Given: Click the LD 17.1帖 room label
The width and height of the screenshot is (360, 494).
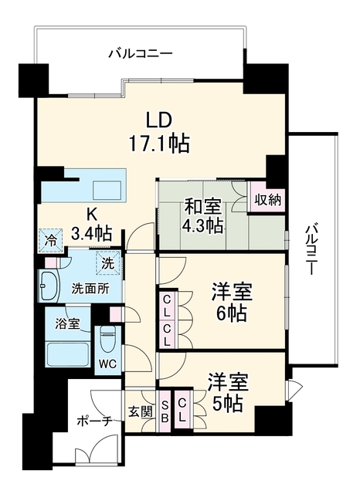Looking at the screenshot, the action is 159,132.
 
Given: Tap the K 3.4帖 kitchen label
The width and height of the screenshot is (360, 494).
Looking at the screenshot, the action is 92,225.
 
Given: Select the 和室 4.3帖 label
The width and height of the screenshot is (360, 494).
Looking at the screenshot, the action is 204,216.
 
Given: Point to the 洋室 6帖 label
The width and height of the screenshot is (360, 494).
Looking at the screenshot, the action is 232,302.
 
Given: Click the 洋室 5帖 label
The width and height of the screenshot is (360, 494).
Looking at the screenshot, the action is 228,393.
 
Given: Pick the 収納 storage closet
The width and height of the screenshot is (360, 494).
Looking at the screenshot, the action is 267,199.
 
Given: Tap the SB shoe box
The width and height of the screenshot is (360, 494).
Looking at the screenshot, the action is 165,410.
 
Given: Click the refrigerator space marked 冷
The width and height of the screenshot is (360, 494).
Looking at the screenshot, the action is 50,241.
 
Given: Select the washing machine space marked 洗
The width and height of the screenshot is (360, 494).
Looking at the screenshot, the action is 108,262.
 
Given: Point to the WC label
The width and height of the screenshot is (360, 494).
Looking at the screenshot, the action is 107,364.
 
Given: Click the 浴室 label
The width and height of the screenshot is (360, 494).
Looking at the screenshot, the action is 67,324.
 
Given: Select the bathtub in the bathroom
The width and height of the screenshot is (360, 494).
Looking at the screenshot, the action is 67,354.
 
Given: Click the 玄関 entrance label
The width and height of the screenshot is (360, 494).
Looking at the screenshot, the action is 141,411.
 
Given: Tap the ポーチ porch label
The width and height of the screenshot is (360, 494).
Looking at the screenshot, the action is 95,421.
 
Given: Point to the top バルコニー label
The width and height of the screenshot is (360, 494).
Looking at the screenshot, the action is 141,54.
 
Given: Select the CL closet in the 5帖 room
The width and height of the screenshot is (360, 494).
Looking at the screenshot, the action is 182,410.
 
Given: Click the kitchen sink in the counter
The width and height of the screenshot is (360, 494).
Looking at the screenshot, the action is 107,191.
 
